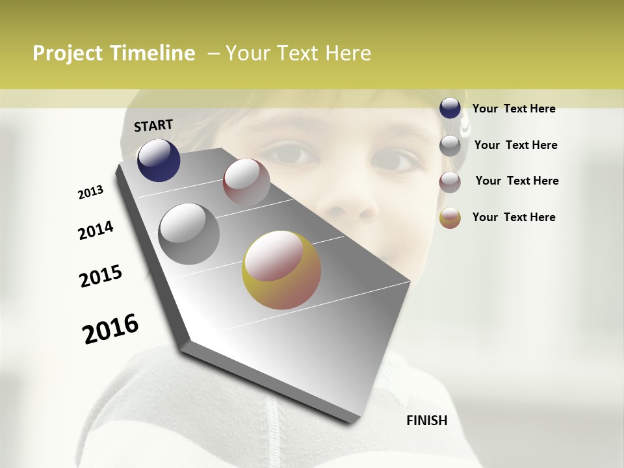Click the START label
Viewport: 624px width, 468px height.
[153, 125]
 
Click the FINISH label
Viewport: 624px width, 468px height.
[426, 421]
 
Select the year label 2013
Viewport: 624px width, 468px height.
[91, 192]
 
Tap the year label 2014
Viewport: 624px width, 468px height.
[96, 231]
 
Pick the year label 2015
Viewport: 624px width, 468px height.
[101, 276]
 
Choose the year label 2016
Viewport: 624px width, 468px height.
[110, 329]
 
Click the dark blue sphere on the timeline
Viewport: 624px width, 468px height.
[159, 160]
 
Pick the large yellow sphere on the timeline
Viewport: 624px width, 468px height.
[281, 270]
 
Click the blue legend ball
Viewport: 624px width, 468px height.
[450, 109]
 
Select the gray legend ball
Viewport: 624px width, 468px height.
[450, 146]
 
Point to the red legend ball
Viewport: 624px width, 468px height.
[450, 182]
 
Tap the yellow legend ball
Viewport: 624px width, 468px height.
[450, 218]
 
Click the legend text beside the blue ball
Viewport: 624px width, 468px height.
[513, 109]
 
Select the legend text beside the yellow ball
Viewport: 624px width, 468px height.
[513, 217]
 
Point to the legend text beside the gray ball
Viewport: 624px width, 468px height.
[515, 145]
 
